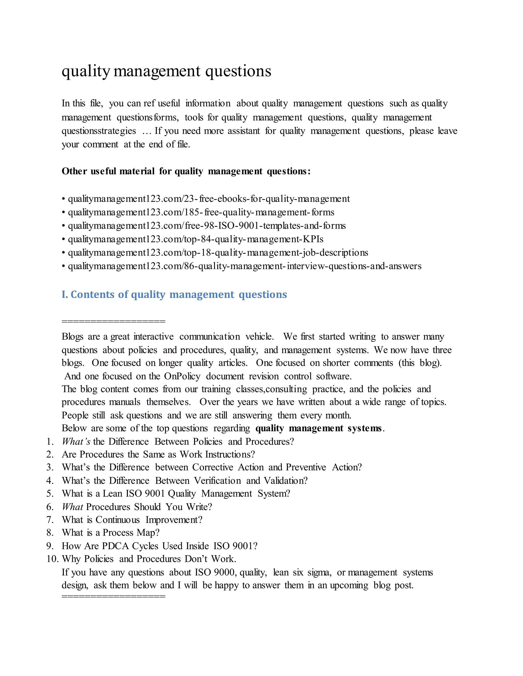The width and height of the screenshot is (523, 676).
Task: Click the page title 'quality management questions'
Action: coord(167,71)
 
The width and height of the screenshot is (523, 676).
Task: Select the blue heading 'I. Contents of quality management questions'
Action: coord(174,294)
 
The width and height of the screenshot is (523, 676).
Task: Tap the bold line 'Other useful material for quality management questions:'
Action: coord(186,171)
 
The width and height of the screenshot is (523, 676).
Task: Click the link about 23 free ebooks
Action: coord(209,199)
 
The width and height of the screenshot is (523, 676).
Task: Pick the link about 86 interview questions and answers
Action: coord(244,266)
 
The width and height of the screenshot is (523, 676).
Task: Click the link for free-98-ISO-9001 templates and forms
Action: coord(207,226)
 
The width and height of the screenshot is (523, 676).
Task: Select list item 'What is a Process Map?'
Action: coord(111,533)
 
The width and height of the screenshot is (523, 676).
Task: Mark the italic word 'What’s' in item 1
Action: coord(76,442)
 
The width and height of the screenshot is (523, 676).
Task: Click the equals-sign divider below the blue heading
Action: coord(113,321)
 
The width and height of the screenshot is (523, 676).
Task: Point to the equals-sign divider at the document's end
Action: coord(113,596)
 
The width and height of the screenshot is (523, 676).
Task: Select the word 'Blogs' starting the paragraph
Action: coord(73,336)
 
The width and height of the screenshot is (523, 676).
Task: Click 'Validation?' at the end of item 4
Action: coord(286,481)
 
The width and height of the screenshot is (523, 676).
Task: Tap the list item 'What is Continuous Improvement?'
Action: coord(132,520)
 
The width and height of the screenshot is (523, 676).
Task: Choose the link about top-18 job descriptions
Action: coord(218,253)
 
